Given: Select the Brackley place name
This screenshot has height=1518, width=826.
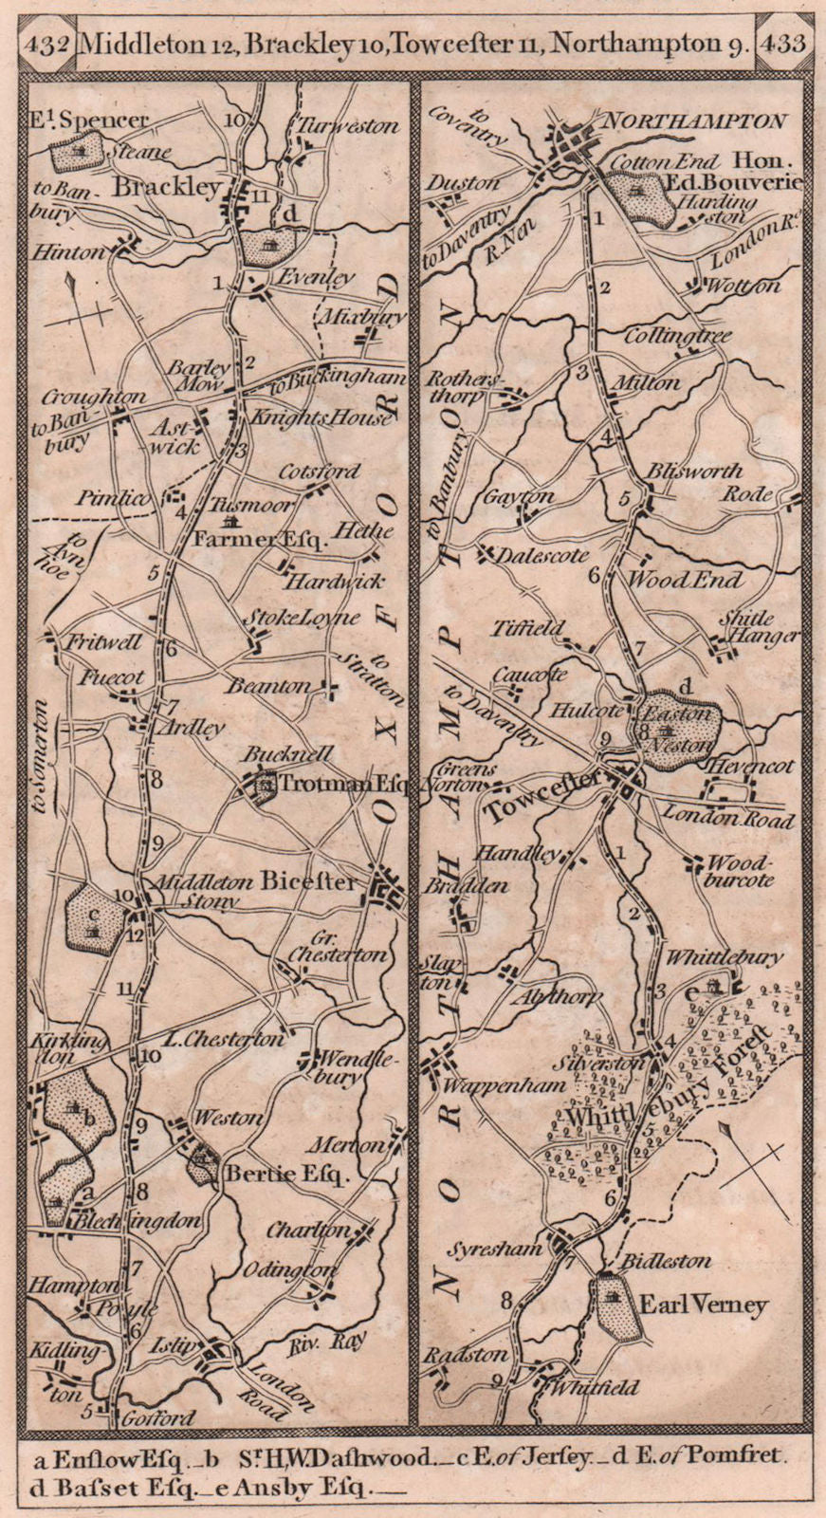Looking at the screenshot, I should (169, 188).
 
